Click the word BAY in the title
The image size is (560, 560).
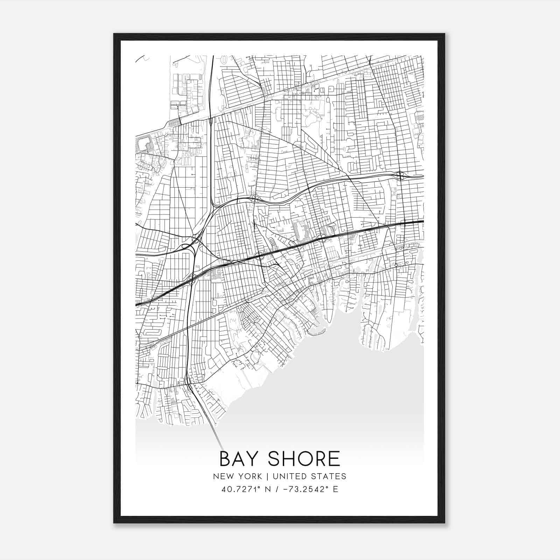click(x=241, y=459)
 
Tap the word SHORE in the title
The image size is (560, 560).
click(x=308, y=459)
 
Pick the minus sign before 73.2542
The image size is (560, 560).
click(x=284, y=489)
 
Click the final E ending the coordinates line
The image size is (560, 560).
click(x=336, y=489)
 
